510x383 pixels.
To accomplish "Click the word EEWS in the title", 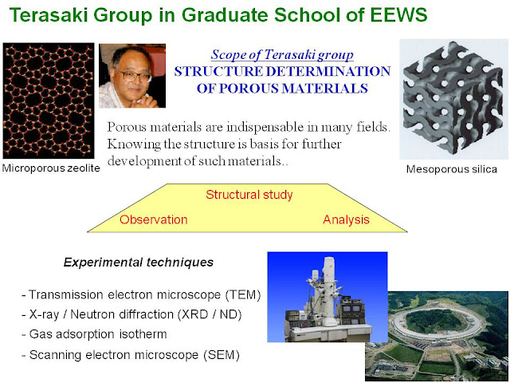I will [390, 15].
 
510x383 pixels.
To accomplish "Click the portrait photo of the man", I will [131, 76].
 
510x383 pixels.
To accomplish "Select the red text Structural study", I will [249, 195].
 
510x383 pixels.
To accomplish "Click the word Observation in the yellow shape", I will [154, 219].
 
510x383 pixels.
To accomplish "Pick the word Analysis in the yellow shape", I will [347, 219].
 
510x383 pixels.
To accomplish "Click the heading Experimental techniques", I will [138, 262].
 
